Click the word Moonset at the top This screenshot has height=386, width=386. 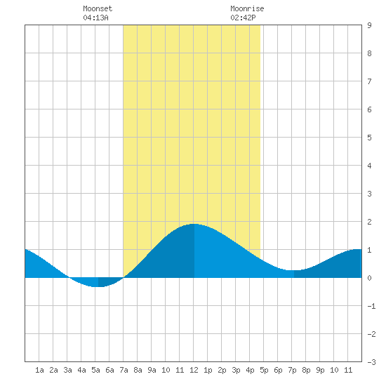tap(98, 8)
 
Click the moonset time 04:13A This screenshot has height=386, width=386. tap(95, 18)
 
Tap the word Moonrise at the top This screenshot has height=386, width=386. tap(247, 8)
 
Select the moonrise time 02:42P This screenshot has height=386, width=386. tap(243, 18)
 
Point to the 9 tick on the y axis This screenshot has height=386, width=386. tap(369, 25)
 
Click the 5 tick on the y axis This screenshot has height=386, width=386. tap(369, 138)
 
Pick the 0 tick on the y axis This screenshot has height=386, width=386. tap(369, 278)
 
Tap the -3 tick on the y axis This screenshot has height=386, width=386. tap(371, 362)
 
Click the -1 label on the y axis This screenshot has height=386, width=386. tap(371, 306)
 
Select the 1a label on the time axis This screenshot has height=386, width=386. tap(39, 370)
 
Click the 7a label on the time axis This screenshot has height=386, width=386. tap(124, 370)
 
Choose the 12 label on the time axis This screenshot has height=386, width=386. tap(194, 370)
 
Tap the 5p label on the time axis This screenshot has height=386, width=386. tap(264, 370)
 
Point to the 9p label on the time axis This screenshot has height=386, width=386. tap(320, 370)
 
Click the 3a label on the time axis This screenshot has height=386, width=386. tap(67, 370)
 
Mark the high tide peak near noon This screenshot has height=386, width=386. tap(194, 224)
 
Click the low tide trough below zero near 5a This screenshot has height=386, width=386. tap(96, 286)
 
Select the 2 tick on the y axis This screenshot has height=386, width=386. tap(369, 222)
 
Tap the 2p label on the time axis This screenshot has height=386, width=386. tap(222, 370)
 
